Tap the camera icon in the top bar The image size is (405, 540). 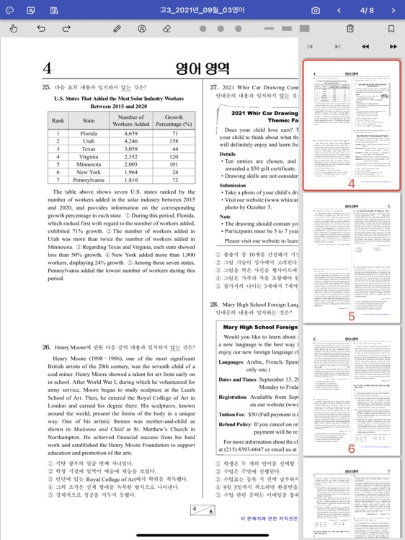coord(316,10)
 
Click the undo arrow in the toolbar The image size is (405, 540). coord(41,29)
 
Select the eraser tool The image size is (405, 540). coord(166,29)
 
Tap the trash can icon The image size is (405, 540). coord(350,29)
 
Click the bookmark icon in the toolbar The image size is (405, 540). coord(391,29)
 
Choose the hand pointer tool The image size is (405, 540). coord(14,29)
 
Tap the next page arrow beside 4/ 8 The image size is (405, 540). coord(393,10)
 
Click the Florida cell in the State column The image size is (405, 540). coord(89,133)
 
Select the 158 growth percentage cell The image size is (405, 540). coord(174,141)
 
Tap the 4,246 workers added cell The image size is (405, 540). coord(130,141)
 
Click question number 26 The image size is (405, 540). coord(46,347)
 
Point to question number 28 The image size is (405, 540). coord(214,304)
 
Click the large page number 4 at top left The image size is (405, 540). coord(48,68)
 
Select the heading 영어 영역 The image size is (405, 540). coord(202,68)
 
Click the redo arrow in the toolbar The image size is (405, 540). coord(66,29)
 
